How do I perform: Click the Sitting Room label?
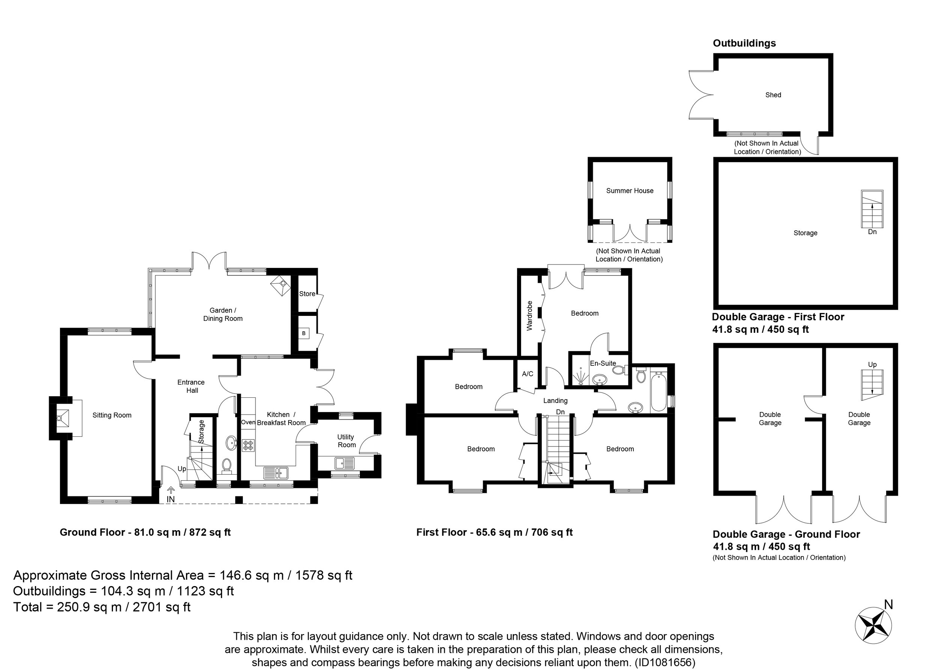click(x=112, y=415)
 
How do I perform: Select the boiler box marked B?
click(x=304, y=333)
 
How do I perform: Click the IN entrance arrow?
click(x=170, y=490)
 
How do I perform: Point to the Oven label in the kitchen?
click(x=248, y=422)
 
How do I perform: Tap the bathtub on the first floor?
click(x=658, y=392)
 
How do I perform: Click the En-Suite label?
click(x=603, y=363)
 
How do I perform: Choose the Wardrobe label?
click(x=529, y=316)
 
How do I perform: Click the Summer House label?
click(x=630, y=191)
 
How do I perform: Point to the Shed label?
click(x=773, y=95)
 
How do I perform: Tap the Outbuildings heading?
click(x=744, y=43)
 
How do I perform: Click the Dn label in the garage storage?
click(x=872, y=232)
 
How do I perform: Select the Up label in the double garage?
click(x=872, y=364)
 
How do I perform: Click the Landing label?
click(x=555, y=400)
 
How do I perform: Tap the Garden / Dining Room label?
click(x=222, y=314)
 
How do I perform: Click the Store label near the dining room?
click(x=307, y=294)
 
